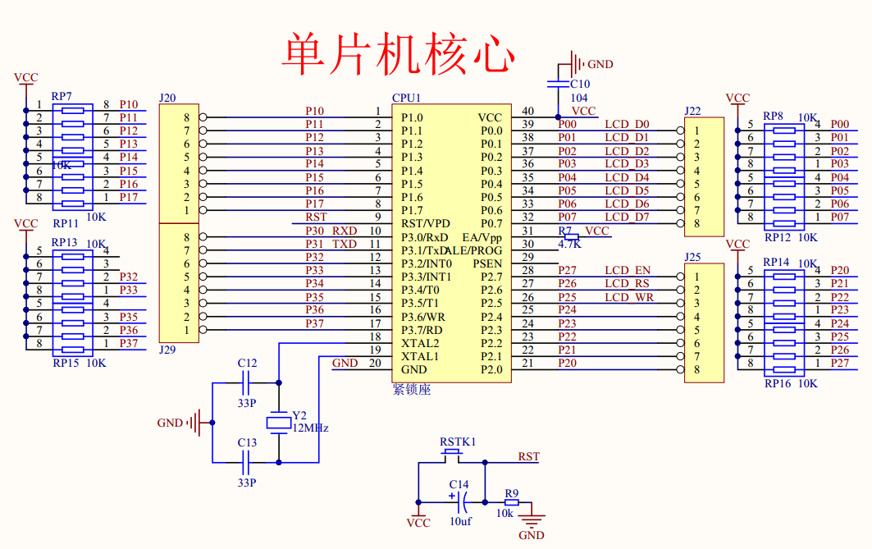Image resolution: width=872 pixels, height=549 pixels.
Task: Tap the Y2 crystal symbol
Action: (279, 423)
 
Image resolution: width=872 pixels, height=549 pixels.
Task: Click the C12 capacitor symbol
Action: (247, 382)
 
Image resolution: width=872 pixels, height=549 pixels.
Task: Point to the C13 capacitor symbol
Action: (247, 462)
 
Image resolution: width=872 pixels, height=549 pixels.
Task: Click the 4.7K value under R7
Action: (569, 244)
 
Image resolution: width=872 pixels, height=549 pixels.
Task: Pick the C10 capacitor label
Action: (580, 84)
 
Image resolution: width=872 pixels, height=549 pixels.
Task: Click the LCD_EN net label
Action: (628, 270)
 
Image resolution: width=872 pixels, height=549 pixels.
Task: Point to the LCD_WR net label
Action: (628, 297)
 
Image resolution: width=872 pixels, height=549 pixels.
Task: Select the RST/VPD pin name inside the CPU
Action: (425, 223)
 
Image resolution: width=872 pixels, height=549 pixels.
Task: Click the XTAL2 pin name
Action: (419, 343)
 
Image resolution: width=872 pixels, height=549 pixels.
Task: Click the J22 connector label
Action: (692, 111)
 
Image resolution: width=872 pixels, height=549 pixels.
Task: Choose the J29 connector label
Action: (167, 350)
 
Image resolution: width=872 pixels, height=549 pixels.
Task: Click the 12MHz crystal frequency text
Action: (310, 428)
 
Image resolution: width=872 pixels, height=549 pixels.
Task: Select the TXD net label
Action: (345, 244)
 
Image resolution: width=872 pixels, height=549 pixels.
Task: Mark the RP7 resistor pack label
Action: (62, 97)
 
